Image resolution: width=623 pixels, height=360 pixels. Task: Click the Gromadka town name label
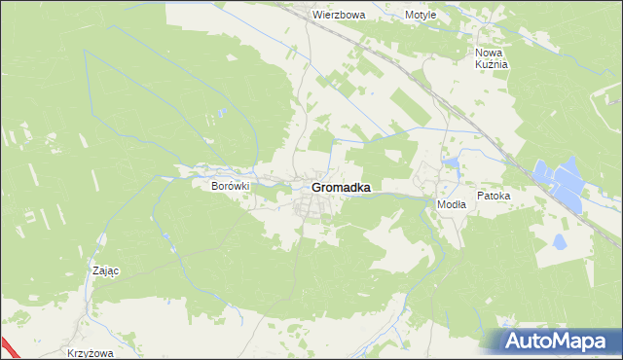tap(340, 188)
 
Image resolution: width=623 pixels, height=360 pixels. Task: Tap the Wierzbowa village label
tap(338, 16)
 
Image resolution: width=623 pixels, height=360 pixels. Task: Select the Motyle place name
tap(421, 16)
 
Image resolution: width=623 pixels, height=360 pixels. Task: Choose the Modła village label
tap(451, 204)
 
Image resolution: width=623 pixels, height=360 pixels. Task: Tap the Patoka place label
tap(494, 196)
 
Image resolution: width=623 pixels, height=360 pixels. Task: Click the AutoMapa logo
tap(556, 341)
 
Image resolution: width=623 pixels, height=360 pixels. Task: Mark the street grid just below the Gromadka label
tap(313, 206)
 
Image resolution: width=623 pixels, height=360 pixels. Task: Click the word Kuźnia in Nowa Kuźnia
tap(493, 64)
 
